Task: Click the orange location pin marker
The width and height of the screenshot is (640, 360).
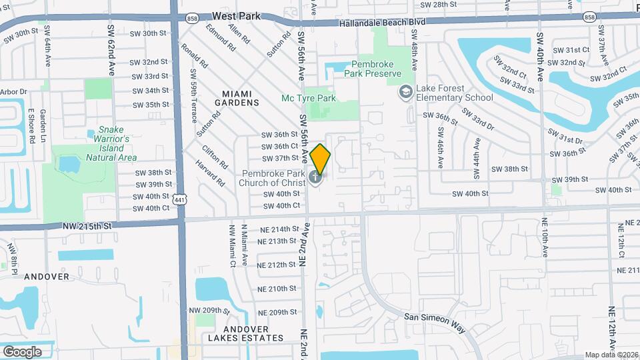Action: [x=320, y=159]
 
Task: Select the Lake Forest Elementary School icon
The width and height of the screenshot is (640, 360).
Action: [x=405, y=91]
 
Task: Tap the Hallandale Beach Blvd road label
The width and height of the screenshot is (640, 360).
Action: [x=381, y=22]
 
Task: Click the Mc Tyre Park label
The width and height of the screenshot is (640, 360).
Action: [x=308, y=98]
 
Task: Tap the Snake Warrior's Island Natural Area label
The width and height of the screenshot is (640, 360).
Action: [x=111, y=143]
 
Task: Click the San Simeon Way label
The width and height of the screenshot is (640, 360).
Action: [x=434, y=318]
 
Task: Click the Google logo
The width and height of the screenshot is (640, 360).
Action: [x=22, y=351]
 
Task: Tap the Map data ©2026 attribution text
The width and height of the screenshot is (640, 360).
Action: [x=611, y=355]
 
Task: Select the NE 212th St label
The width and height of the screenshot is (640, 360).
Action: [x=277, y=265]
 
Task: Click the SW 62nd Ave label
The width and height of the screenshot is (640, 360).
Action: [x=111, y=49]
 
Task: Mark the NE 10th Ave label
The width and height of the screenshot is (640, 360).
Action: [x=545, y=238]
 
